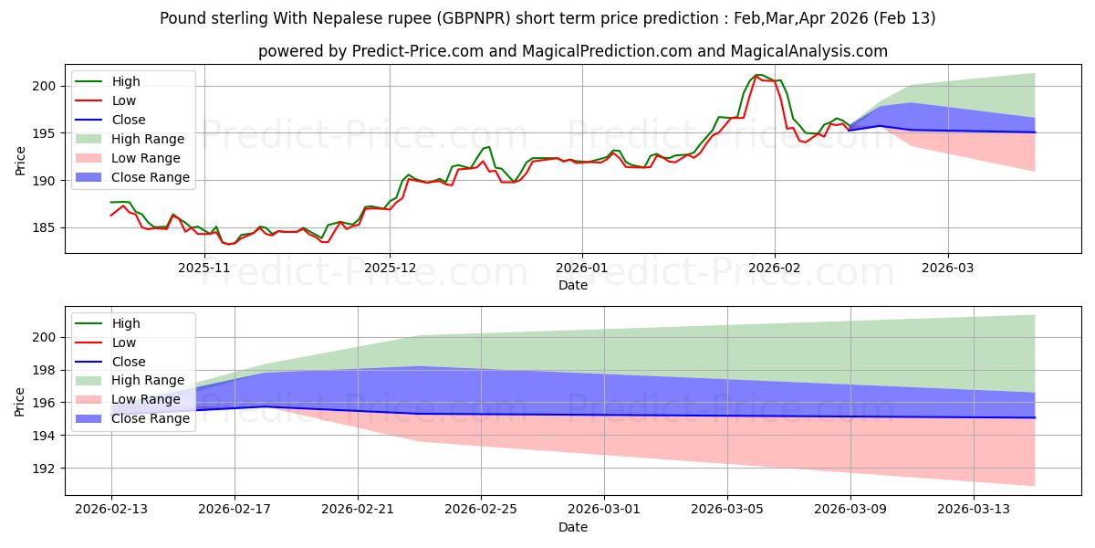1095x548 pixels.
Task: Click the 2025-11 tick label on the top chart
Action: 204,267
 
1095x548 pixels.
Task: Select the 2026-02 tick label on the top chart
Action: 775,267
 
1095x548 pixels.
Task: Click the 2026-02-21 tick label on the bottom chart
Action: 358,510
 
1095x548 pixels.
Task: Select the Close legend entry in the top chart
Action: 129,120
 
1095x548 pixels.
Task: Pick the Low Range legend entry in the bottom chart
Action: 145,400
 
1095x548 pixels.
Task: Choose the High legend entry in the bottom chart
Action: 125,323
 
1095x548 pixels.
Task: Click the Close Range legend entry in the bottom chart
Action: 150,419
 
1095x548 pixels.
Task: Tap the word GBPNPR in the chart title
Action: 464,18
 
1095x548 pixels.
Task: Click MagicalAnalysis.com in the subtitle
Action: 813,51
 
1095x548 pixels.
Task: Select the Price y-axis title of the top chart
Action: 21,160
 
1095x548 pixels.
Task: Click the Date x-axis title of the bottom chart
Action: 573,527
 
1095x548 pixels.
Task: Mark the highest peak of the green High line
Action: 758,75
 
